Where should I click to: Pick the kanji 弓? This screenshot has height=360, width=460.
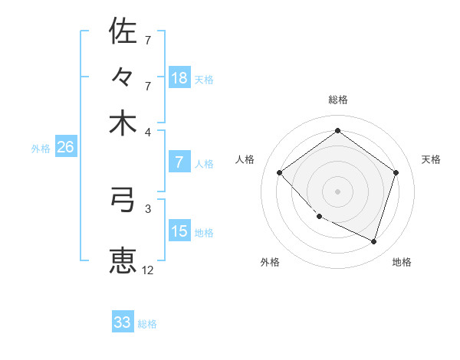click(123, 201)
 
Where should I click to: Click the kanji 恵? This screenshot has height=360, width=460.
click(123, 260)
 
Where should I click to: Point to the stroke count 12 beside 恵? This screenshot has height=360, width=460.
click(148, 270)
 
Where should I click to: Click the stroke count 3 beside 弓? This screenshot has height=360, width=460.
click(148, 208)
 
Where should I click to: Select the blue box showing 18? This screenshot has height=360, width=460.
click(179, 78)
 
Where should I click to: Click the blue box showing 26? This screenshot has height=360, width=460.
click(65, 148)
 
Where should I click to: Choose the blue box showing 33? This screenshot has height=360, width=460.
click(123, 322)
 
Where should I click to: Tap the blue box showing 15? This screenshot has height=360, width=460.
click(179, 231)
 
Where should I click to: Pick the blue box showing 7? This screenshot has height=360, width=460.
click(179, 162)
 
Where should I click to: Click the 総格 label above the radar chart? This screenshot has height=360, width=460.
click(337, 100)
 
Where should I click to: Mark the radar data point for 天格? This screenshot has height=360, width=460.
click(396, 172)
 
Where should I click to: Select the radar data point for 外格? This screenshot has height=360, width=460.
click(320, 217)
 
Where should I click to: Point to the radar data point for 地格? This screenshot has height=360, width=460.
click(373, 241)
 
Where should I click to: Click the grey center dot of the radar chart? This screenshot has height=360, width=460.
click(337, 191)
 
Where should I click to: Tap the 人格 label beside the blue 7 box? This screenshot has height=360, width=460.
click(204, 163)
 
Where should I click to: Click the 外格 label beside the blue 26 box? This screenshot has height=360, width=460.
click(41, 149)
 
